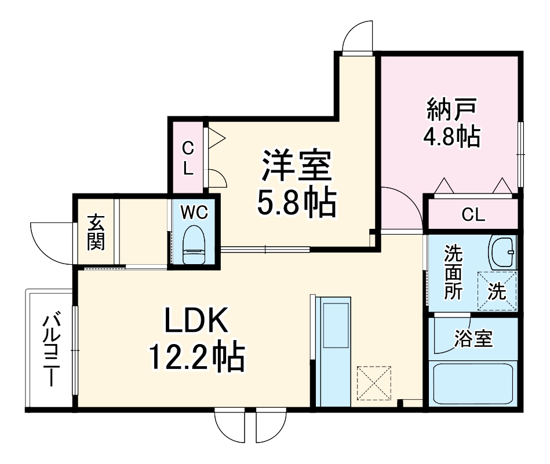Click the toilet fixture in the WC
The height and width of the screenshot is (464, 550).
click(x=194, y=244)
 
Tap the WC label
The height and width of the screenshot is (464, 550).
click(x=194, y=212)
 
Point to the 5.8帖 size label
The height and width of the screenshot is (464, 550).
click(x=297, y=204)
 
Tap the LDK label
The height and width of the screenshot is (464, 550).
click(x=196, y=320)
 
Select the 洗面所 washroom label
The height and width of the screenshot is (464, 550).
click(x=453, y=272)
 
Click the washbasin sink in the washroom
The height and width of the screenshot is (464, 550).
click(x=504, y=252)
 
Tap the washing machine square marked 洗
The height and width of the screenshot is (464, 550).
click(x=497, y=291)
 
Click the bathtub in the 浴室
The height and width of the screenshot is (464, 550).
click(x=473, y=384)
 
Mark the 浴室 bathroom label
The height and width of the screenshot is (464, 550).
click(x=473, y=339)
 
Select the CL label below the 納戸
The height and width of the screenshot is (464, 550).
click(x=473, y=214)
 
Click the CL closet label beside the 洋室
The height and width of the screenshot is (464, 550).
click(x=188, y=159)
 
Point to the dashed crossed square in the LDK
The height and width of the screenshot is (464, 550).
click(x=374, y=383)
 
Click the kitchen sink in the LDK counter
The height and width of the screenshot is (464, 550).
click(x=336, y=326)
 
